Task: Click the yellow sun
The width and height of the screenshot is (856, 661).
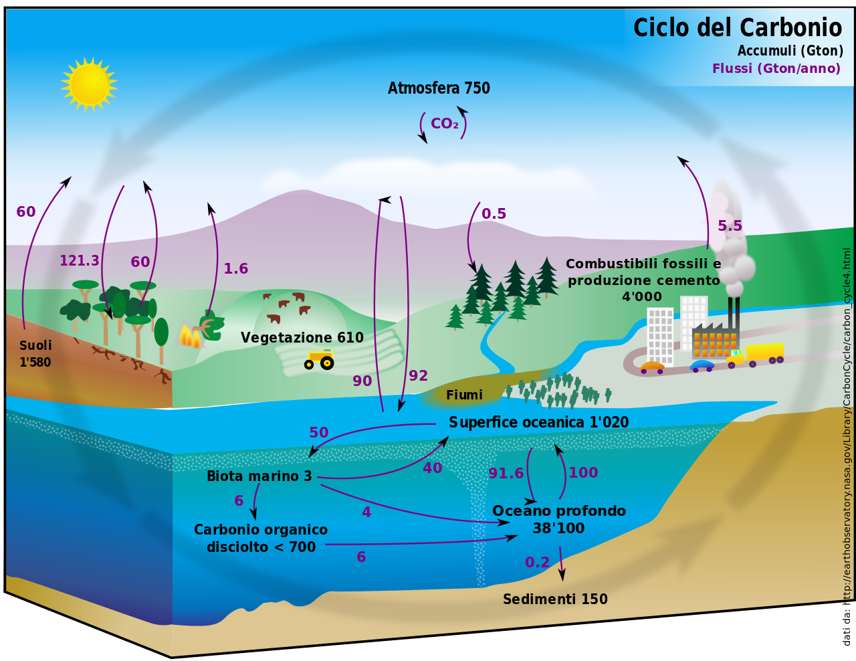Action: coord(89,84)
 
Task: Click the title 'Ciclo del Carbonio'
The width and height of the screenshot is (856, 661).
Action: coord(737,28)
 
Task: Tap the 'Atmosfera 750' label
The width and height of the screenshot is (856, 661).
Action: coord(439,88)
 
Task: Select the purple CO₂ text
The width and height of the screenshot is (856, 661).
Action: coord(444,124)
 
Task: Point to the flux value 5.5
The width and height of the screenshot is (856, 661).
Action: coord(730,226)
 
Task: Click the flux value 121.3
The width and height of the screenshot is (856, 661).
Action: coord(79,261)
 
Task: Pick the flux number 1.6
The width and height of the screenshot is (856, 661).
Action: coord(235,269)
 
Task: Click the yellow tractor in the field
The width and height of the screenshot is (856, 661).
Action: coord(319,359)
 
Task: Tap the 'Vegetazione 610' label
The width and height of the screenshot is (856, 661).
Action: coord(302,338)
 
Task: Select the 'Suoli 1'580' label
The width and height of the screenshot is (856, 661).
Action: coord(35,354)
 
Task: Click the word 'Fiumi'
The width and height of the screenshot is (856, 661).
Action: coord(464,395)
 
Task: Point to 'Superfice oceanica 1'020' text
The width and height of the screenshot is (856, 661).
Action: coord(538,422)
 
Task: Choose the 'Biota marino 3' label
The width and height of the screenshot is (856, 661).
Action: coord(259,476)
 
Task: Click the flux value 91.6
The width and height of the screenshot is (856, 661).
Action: coord(506,474)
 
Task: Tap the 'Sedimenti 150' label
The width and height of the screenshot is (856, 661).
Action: coord(555,599)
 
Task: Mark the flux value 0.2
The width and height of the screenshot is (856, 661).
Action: coord(537,563)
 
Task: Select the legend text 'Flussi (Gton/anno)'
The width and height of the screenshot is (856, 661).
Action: coord(776,68)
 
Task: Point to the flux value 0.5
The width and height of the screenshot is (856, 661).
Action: coord(494,214)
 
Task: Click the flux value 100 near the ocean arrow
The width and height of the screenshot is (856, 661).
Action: coord(582,473)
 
